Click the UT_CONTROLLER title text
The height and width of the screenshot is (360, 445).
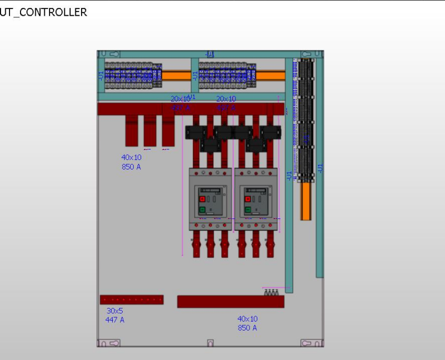pyautogui.click(x=43, y=12)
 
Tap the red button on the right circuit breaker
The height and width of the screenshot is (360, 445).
pyautogui.click(x=247, y=199)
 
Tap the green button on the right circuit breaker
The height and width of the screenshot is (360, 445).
pyautogui.click(x=247, y=209)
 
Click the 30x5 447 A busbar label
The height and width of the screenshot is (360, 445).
pyautogui.click(x=115, y=315)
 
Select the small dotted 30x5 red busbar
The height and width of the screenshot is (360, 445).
pyautogui.click(x=132, y=299)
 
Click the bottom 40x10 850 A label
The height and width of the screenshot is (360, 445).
pyautogui.click(x=247, y=323)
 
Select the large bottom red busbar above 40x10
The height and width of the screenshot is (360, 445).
pyautogui.click(x=231, y=302)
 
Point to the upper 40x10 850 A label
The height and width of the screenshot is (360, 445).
pyautogui.click(x=131, y=162)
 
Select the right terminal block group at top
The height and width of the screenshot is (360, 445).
pyautogui.click(x=223, y=76)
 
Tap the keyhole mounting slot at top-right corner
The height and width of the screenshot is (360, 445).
pyautogui.click(x=307, y=54)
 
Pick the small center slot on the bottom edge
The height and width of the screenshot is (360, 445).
pyautogui.click(x=210, y=343)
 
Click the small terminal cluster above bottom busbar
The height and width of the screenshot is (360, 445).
pyautogui.click(x=271, y=292)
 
